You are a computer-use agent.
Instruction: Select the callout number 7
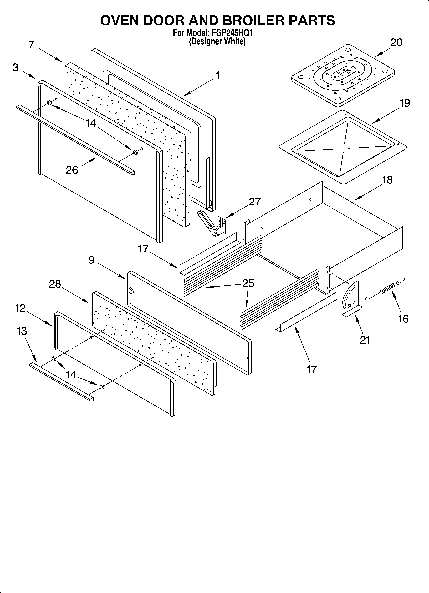[31, 45]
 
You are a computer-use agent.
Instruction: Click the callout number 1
[217, 76]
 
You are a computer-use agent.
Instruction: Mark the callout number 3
[15, 68]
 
